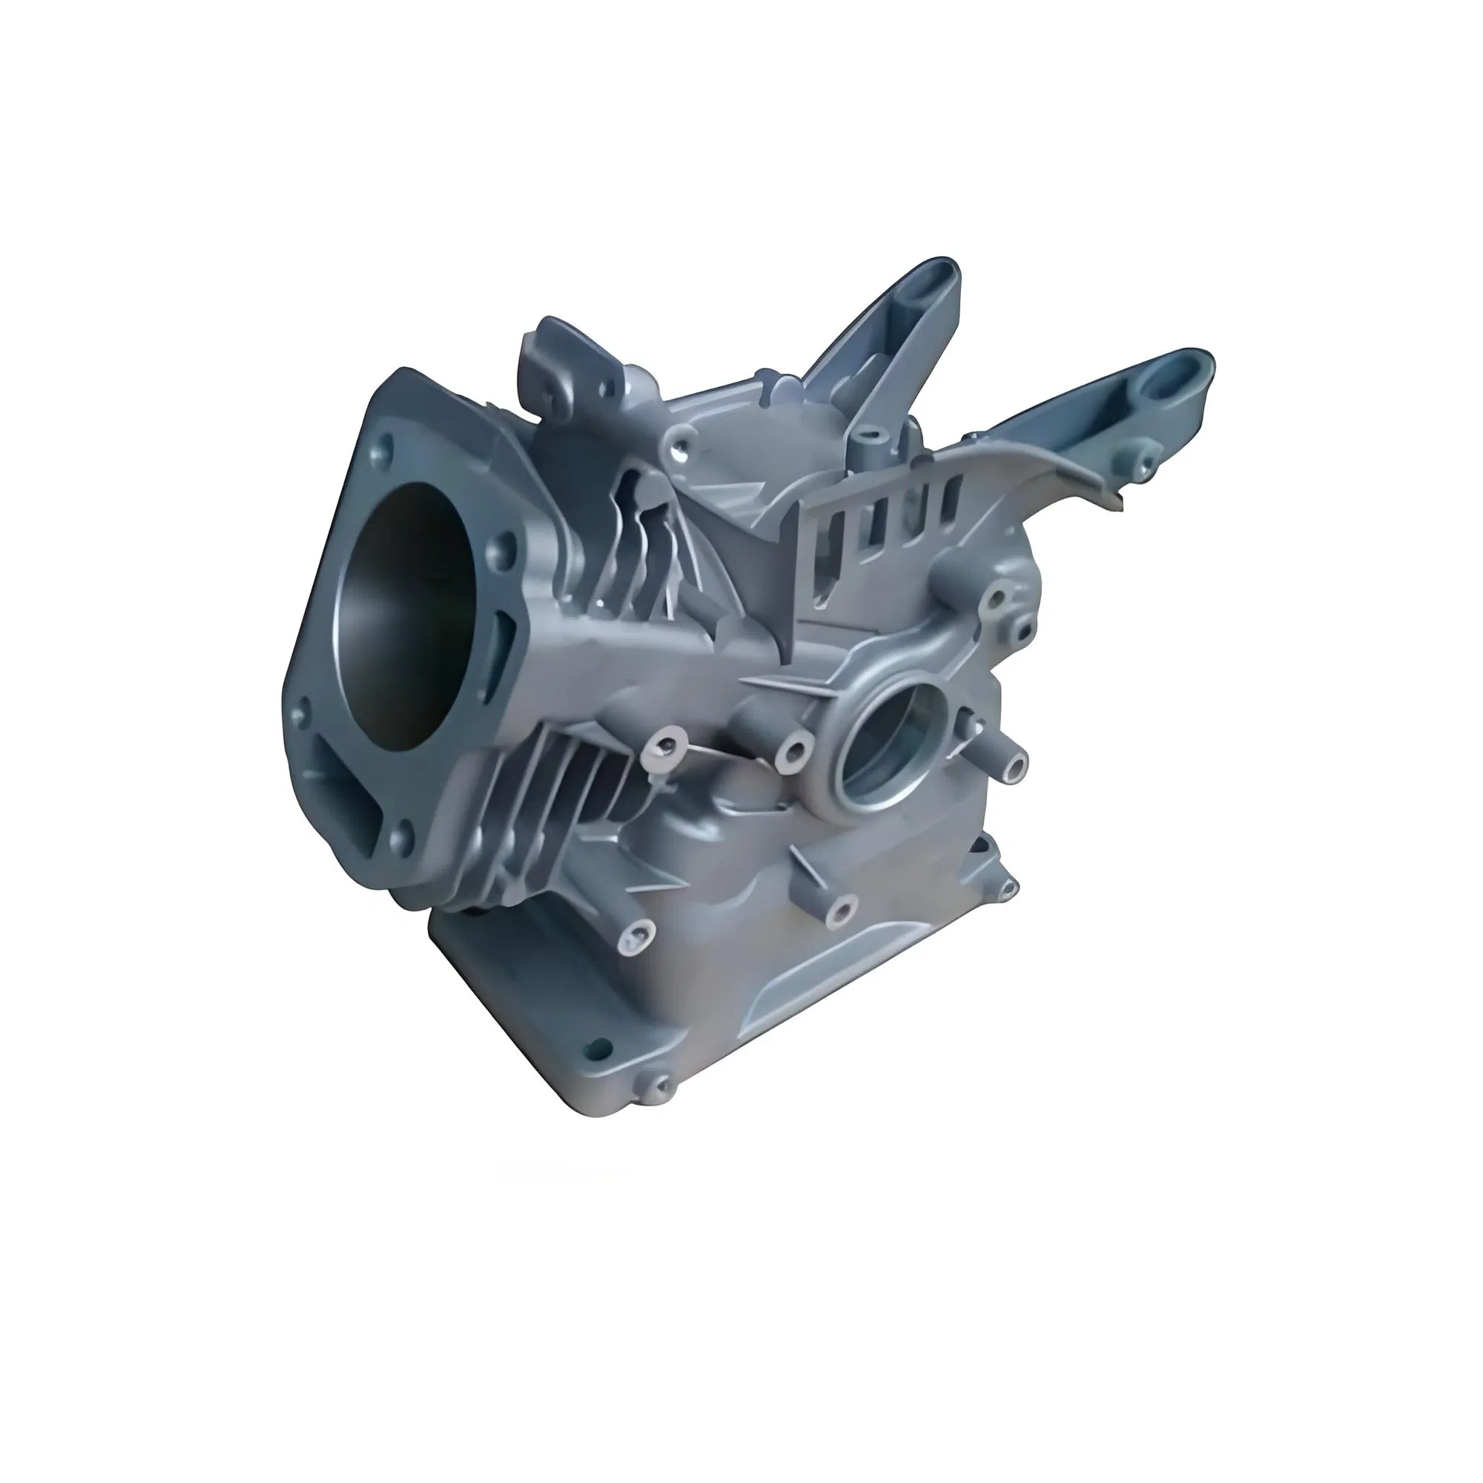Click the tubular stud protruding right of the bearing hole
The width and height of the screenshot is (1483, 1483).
[x=1015, y=764]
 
